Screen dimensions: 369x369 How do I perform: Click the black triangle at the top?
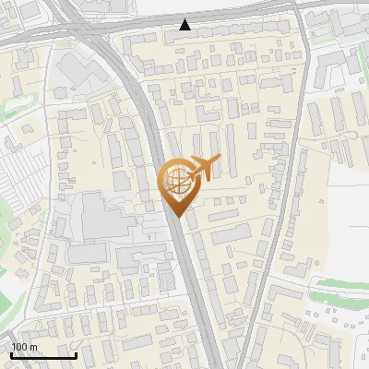tap(185, 25)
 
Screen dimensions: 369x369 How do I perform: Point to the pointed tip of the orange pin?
tap(175, 217)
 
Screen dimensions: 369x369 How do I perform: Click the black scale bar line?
tap(43, 355)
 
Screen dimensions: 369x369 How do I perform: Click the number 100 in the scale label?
tap(20, 347)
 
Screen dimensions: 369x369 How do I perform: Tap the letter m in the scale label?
tap(33, 347)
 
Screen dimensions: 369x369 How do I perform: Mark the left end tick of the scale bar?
tap(11, 353)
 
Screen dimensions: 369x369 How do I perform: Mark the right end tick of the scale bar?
tap(76, 353)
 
